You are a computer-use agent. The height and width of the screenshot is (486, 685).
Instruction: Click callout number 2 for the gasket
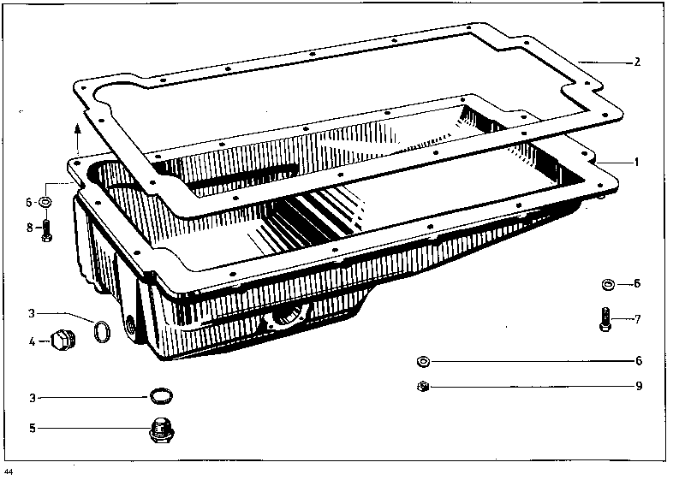click(x=637, y=62)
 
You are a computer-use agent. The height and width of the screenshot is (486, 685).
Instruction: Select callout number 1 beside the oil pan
click(x=636, y=163)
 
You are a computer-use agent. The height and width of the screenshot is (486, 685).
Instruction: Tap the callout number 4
click(x=32, y=341)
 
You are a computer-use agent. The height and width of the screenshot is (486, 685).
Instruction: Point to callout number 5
click(x=33, y=428)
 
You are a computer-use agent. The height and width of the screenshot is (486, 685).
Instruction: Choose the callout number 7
click(x=638, y=319)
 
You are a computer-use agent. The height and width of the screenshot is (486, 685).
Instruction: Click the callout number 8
click(x=30, y=227)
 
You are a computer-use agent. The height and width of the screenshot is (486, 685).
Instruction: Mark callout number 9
click(x=639, y=386)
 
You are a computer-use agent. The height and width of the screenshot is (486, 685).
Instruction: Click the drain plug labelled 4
click(x=63, y=341)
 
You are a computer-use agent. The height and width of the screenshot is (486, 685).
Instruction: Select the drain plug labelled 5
click(x=162, y=430)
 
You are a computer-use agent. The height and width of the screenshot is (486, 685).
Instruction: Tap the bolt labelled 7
click(x=605, y=319)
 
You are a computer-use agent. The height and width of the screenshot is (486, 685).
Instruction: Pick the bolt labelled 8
click(x=47, y=230)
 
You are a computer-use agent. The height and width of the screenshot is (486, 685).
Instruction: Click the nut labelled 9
click(x=423, y=387)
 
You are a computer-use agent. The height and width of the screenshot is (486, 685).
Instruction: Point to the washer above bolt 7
click(x=608, y=285)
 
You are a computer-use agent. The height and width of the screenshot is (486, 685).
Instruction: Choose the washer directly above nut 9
click(x=423, y=362)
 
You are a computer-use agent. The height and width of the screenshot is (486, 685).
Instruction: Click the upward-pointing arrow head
click(x=78, y=127)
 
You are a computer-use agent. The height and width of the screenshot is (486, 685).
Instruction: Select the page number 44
click(x=9, y=471)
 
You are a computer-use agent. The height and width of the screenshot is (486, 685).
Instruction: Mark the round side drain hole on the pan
click(x=130, y=324)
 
